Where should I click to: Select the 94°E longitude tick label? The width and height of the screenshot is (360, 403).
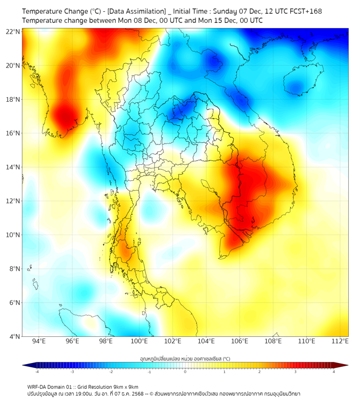pos(39,341)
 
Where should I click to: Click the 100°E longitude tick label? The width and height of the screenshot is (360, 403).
pos(140,341)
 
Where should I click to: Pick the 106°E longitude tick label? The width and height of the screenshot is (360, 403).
pos(240,341)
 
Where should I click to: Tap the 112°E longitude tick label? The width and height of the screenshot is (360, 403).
pos(340,341)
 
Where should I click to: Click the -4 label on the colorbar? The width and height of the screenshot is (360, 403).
pos(37,372)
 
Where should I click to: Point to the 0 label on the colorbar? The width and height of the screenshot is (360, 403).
pos(185,372)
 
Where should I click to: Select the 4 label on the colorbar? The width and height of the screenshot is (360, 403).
pos(334,372)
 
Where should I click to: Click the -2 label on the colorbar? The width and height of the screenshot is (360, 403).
pos(111,372)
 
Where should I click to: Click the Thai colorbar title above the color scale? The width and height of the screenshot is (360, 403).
pos(185,358)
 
